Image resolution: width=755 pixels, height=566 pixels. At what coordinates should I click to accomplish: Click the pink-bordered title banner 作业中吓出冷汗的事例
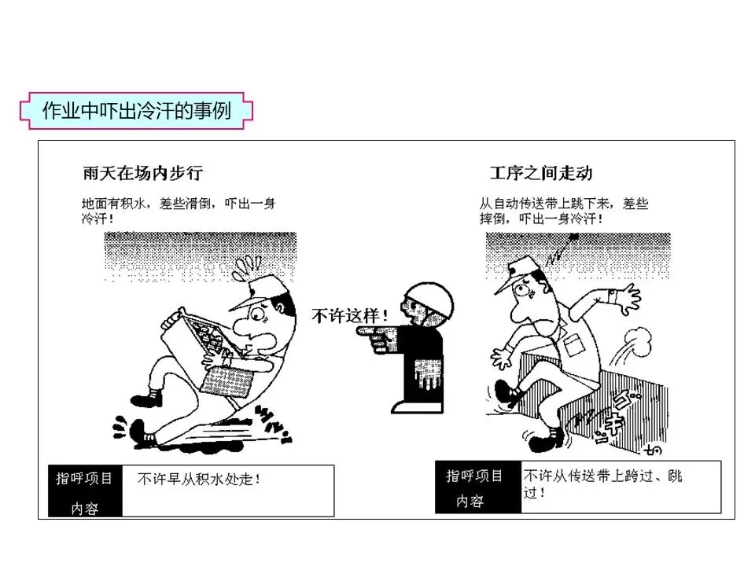(136, 111)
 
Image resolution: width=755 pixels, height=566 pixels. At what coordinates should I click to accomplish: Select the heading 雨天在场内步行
(142, 173)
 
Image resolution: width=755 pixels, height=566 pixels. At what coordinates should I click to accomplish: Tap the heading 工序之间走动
(541, 173)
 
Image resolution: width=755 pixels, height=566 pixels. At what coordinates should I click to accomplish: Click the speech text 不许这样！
(349, 316)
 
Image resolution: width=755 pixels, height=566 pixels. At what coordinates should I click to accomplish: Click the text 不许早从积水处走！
(198, 479)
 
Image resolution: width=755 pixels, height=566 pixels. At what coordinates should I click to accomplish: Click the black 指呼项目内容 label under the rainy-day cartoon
(85, 491)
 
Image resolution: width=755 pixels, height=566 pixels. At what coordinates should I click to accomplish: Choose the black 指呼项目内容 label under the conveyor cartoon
(477, 487)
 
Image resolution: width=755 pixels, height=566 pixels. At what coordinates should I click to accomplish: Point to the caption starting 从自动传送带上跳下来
(564, 211)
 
